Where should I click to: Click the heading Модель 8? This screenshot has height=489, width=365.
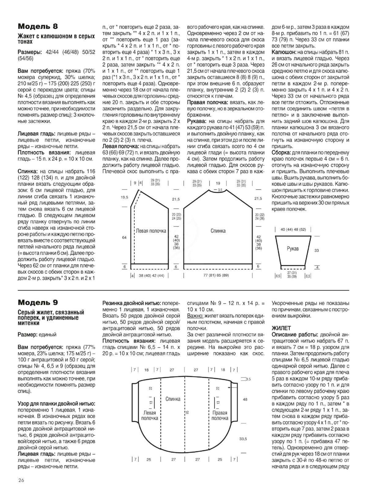(x=38, y=26)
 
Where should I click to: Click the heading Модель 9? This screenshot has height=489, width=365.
(x=38, y=303)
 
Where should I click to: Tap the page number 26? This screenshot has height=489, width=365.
(x=21, y=480)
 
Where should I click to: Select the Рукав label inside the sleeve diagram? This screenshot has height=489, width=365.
(x=293, y=249)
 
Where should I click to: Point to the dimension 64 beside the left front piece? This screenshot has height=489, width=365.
(x=124, y=237)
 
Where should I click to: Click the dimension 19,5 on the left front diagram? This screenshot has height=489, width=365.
(x=124, y=198)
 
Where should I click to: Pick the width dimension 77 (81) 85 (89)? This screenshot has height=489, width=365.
(x=216, y=275)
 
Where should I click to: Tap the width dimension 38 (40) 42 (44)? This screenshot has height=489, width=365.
(x=151, y=275)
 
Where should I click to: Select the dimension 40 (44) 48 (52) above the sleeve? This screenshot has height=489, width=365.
(x=293, y=230)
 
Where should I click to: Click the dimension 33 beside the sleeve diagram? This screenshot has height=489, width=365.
(x=317, y=250)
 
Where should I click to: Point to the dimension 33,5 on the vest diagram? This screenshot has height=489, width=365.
(x=243, y=439)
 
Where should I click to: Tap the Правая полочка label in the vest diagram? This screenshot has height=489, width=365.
(x=219, y=415)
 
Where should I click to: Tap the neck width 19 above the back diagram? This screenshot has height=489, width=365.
(x=218, y=183)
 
